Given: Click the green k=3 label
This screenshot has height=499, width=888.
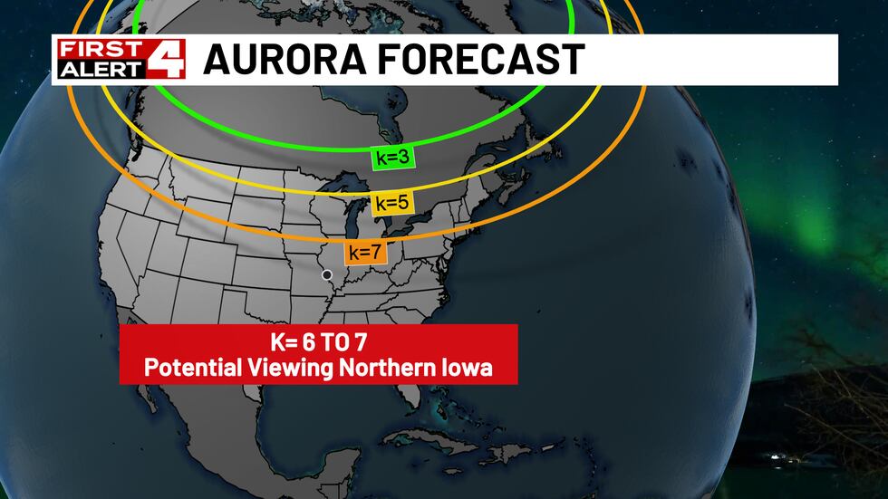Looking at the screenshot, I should pyautogui.click(x=392, y=158).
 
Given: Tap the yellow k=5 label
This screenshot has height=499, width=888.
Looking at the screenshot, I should pyautogui.click(x=392, y=203).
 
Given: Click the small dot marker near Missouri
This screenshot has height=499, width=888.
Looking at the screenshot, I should pyautogui.click(x=327, y=274).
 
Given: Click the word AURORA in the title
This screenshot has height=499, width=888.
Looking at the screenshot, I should pyautogui.click(x=280, y=60).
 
